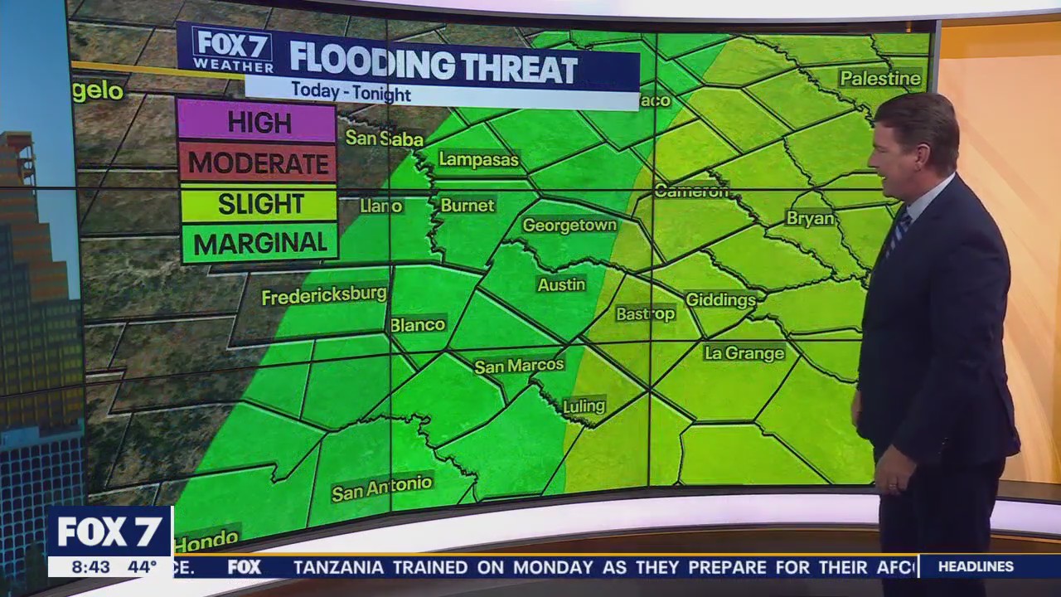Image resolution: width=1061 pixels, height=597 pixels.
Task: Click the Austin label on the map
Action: (x=561, y=284)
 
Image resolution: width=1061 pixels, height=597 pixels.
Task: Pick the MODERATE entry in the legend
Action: (x=258, y=163)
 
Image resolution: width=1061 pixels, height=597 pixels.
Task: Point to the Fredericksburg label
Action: (x=324, y=295)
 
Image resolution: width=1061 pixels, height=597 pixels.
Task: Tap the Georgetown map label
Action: (x=569, y=226)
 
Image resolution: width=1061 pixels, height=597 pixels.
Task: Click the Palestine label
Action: (x=879, y=79)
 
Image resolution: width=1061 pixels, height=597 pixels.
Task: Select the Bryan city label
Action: (x=810, y=218)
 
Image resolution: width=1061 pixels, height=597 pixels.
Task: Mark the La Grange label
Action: (x=744, y=353)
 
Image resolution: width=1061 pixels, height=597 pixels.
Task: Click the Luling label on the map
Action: (x=584, y=407)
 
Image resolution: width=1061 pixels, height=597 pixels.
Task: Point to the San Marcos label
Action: (x=519, y=366)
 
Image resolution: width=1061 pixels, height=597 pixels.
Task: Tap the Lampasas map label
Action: (x=478, y=159)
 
